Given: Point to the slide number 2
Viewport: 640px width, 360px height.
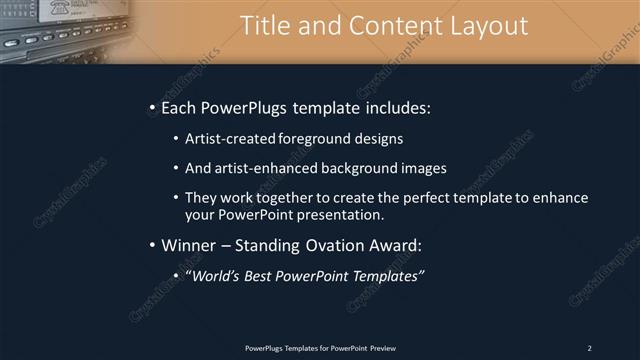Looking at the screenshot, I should pyautogui.click(x=589, y=347).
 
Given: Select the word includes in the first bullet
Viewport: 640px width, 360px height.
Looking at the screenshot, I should pyautogui.click(x=394, y=107).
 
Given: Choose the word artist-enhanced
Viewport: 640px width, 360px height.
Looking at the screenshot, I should pyautogui.click(x=263, y=168).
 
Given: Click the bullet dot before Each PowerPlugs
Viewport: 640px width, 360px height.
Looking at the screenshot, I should pyautogui.click(x=151, y=107).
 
